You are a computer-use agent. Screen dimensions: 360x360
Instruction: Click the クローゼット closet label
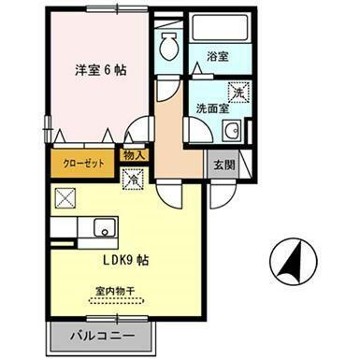click(86, 159)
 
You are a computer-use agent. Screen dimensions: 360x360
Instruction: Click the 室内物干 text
click(117, 293)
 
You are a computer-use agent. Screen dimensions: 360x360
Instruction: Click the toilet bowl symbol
click(169, 44)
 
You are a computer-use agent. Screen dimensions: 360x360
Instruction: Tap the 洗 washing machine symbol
click(238, 93)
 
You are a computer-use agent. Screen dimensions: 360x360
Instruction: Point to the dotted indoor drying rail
click(117, 304)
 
